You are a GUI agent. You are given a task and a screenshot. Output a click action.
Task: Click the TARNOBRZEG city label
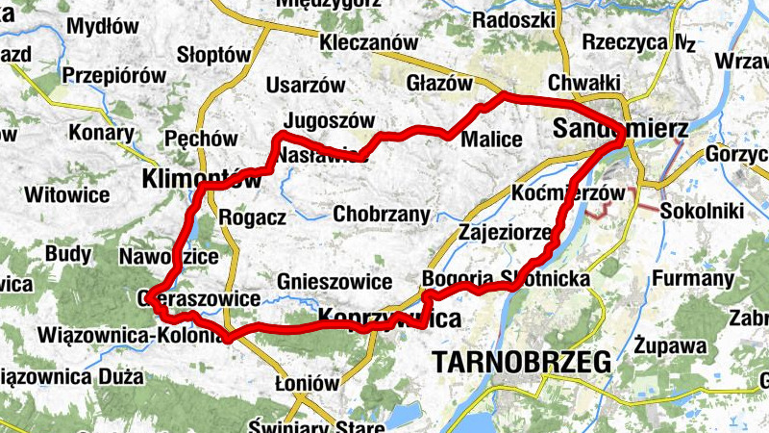(522, 363)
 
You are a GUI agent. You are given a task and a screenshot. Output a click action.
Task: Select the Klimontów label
(201, 179)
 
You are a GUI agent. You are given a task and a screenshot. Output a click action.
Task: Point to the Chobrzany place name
(383, 215)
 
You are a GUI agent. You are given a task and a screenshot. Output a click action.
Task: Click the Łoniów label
(308, 383)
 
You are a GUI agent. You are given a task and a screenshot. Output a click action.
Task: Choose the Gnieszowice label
(334, 282)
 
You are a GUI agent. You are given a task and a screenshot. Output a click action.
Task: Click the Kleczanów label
(369, 43)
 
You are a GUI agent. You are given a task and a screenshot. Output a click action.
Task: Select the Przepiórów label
(114, 75)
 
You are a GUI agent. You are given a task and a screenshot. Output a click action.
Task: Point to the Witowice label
(67, 195)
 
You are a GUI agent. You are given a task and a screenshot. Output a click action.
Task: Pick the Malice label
(492, 140)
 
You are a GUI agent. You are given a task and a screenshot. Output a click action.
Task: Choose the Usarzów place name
(305, 85)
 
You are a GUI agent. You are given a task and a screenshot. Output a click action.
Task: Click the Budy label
(68, 254)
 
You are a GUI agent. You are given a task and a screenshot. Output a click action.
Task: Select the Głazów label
(440, 83)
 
